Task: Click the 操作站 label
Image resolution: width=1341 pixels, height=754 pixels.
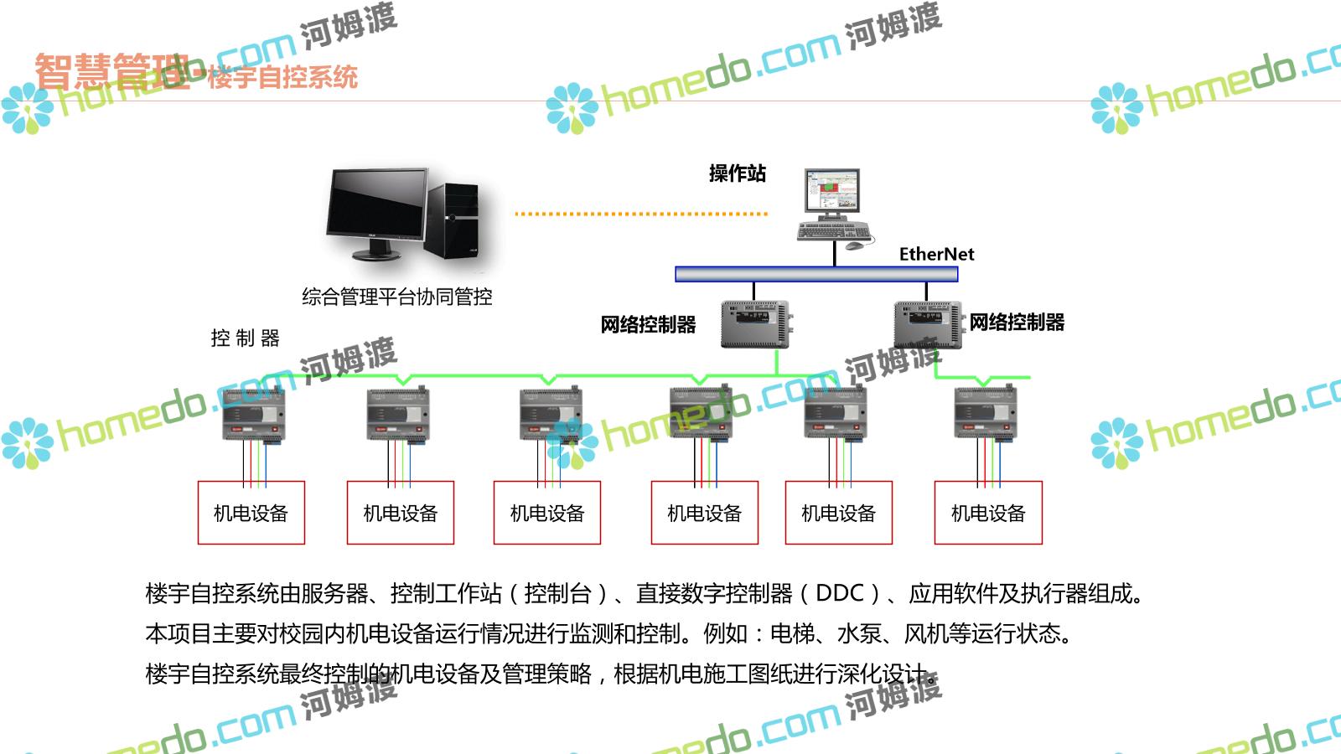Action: pyautogui.click(x=737, y=173)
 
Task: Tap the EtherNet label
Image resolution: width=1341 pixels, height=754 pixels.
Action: pyautogui.click(x=936, y=254)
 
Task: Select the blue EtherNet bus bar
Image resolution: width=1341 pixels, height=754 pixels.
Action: pyautogui.click(x=816, y=274)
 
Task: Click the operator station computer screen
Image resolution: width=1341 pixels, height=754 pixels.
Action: pyautogui.click(x=831, y=192)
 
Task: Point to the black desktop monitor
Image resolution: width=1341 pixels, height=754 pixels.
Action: pyautogui.click(x=378, y=206)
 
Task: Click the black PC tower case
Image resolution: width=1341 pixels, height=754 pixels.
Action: pyautogui.click(x=453, y=219)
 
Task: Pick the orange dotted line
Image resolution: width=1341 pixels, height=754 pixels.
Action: pyautogui.click(x=641, y=214)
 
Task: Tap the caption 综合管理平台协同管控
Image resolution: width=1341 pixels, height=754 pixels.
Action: pyautogui.click(x=397, y=297)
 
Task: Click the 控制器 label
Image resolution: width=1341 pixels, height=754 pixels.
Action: pyautogui.click(x=245, y=338)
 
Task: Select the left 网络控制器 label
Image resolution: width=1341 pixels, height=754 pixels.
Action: pyautogui.click(x=648, y=324)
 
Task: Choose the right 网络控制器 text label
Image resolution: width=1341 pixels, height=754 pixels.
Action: pyautogui.click(x=1017, y=322)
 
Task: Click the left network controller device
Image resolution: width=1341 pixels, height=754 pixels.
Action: pyautogui.click(x=756, y=324)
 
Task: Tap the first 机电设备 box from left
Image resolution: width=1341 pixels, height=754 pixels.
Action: pyautogui.click(x=251, y=513)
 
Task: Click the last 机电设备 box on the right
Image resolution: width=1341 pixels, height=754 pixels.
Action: pyautogui.click(x=988, y=513)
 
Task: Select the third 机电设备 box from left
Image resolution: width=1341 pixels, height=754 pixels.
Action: pyautogui.click(x=547, y=513)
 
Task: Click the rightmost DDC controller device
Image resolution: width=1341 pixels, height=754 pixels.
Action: pyautogui.click(x=986, y=413)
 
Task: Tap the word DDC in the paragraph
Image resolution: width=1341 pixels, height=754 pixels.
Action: pyautogui.click(x=839, y=593)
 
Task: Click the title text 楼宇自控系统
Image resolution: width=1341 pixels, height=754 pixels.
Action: pyautogui.click(x=282, y=77)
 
